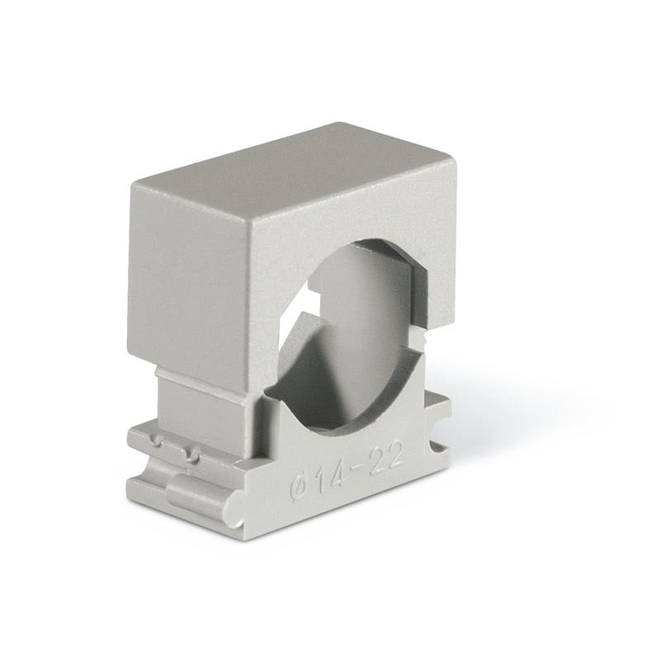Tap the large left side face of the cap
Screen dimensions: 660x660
point(198,272)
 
